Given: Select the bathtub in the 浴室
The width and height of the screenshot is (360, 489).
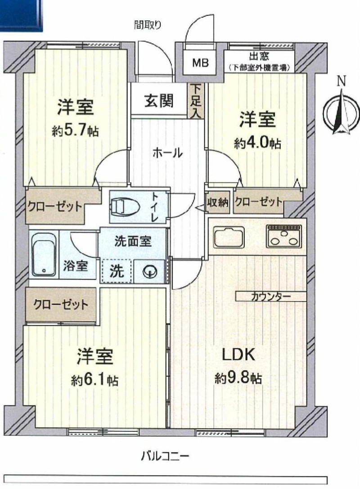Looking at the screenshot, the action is [43, 254].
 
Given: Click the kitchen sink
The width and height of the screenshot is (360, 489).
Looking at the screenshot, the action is [229, 237].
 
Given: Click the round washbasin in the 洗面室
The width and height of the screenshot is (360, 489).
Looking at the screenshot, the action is [148, 272].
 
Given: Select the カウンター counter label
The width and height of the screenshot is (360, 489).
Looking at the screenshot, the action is [271, 296].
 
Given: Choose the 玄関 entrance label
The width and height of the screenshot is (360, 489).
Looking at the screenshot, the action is [159, 101].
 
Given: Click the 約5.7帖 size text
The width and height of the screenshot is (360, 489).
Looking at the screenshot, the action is [75, 131].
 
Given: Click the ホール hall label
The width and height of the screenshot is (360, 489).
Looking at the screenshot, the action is [167, 153].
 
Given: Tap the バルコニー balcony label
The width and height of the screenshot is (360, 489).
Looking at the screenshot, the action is [165, 457].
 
